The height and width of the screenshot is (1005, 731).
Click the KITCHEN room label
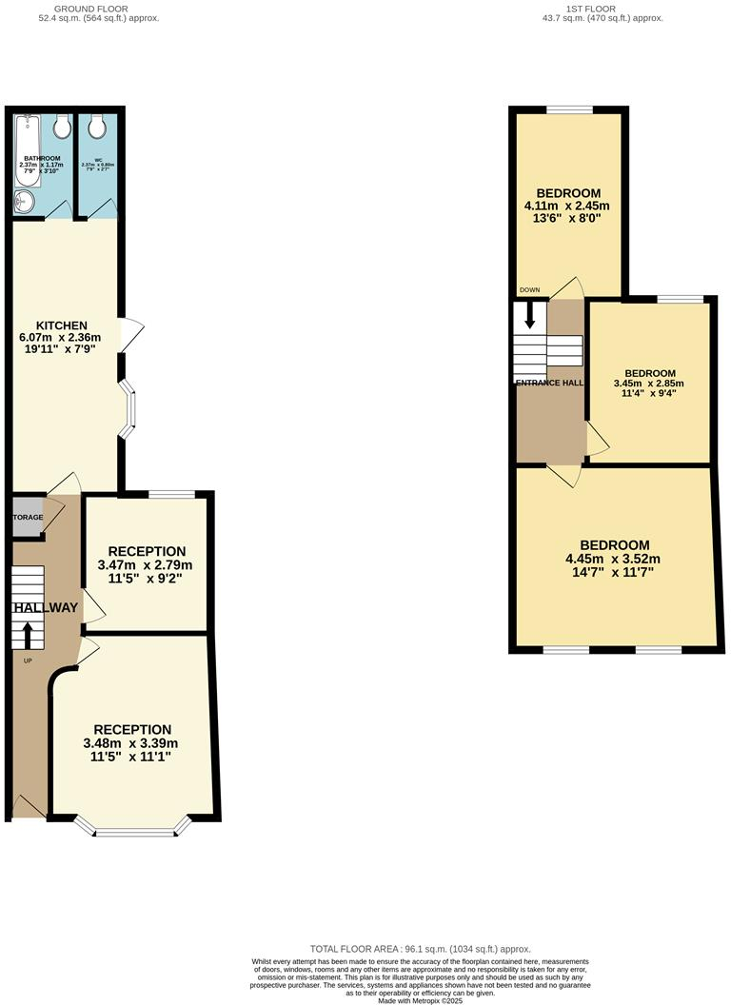[62, 325]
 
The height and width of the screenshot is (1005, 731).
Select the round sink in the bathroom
[23, 201]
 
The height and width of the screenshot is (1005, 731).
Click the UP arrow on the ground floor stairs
[27, 632]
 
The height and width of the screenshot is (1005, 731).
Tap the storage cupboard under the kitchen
[28, 518]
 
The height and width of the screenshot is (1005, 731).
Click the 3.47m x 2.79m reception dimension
[147, 564]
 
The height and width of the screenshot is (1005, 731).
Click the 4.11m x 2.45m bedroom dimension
[567, 205]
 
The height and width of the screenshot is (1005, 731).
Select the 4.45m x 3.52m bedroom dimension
[613, 559]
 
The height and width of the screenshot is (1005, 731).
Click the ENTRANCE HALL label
[549, 383]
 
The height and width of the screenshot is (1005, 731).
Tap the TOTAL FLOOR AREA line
[420, 949]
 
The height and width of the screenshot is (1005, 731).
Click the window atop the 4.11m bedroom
[569, 110]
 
